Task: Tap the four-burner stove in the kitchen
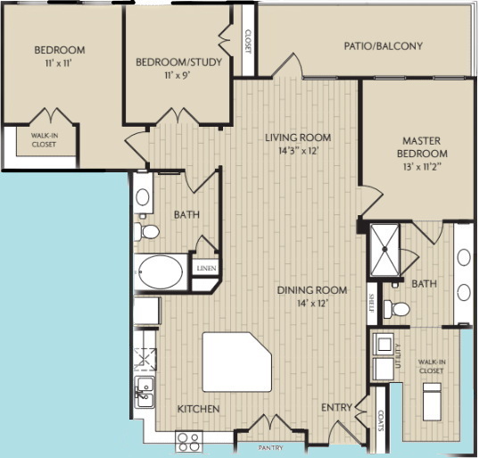189,439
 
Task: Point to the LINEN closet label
206,269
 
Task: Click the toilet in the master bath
398,310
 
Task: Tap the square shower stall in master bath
386,240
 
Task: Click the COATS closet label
381,419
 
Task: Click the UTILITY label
401,355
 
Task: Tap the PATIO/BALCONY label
384,46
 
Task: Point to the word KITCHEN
198,409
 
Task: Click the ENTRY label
337,408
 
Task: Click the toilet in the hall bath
148,232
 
